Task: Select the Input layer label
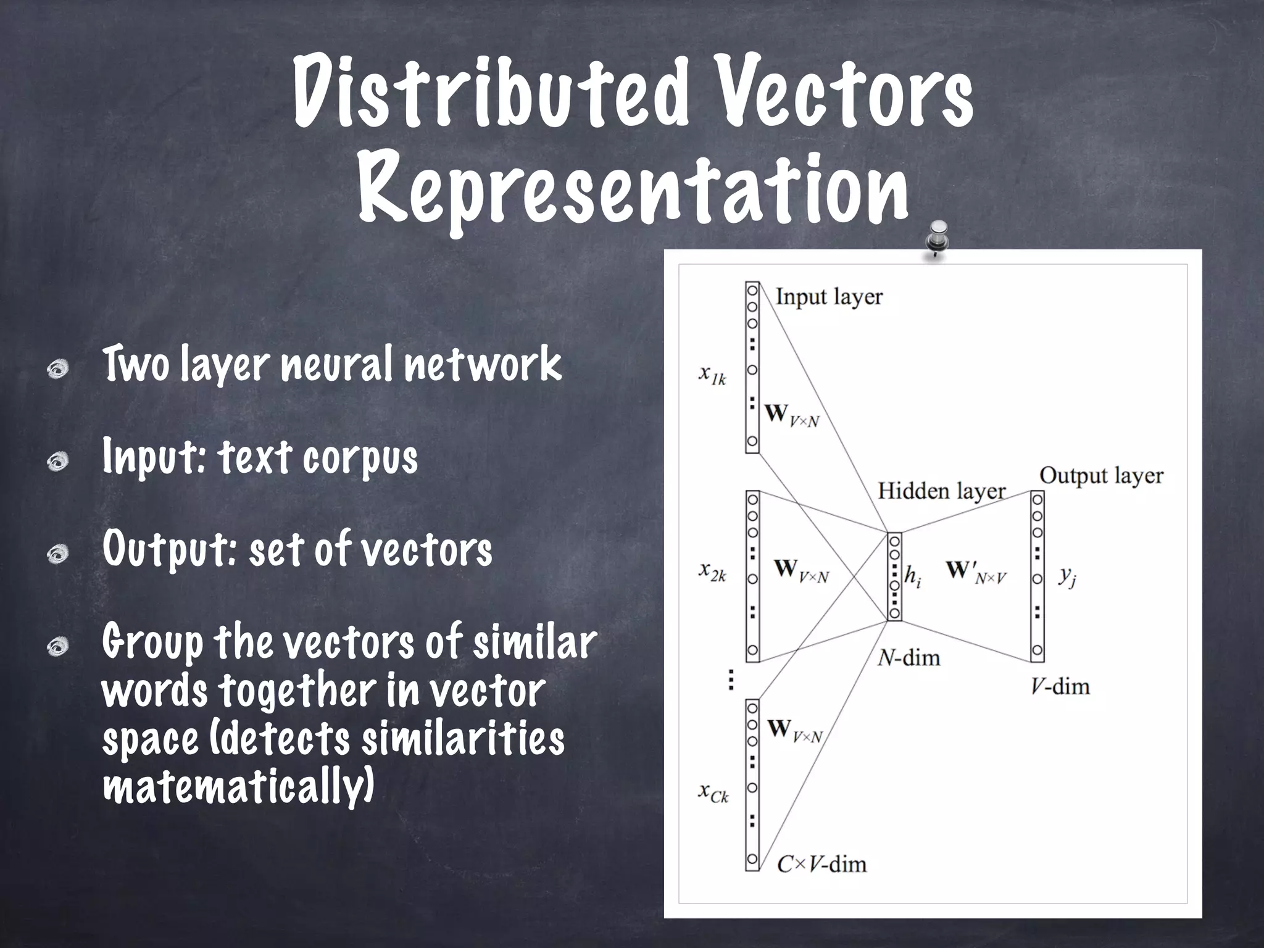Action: (x=828, y=297)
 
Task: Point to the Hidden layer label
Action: (x=941, y=491)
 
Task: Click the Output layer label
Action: (x=1100, y=476)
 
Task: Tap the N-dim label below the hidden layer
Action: (x=908, y=658)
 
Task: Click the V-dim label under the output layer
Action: (x=1060, y=686)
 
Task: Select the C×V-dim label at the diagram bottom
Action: (x=821, y=863)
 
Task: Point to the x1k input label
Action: (x=712, y=375)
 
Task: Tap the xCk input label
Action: (x=713, y=792)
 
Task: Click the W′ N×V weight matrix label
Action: (x=976, y=572)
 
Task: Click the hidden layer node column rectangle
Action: (x=894, y=576)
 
